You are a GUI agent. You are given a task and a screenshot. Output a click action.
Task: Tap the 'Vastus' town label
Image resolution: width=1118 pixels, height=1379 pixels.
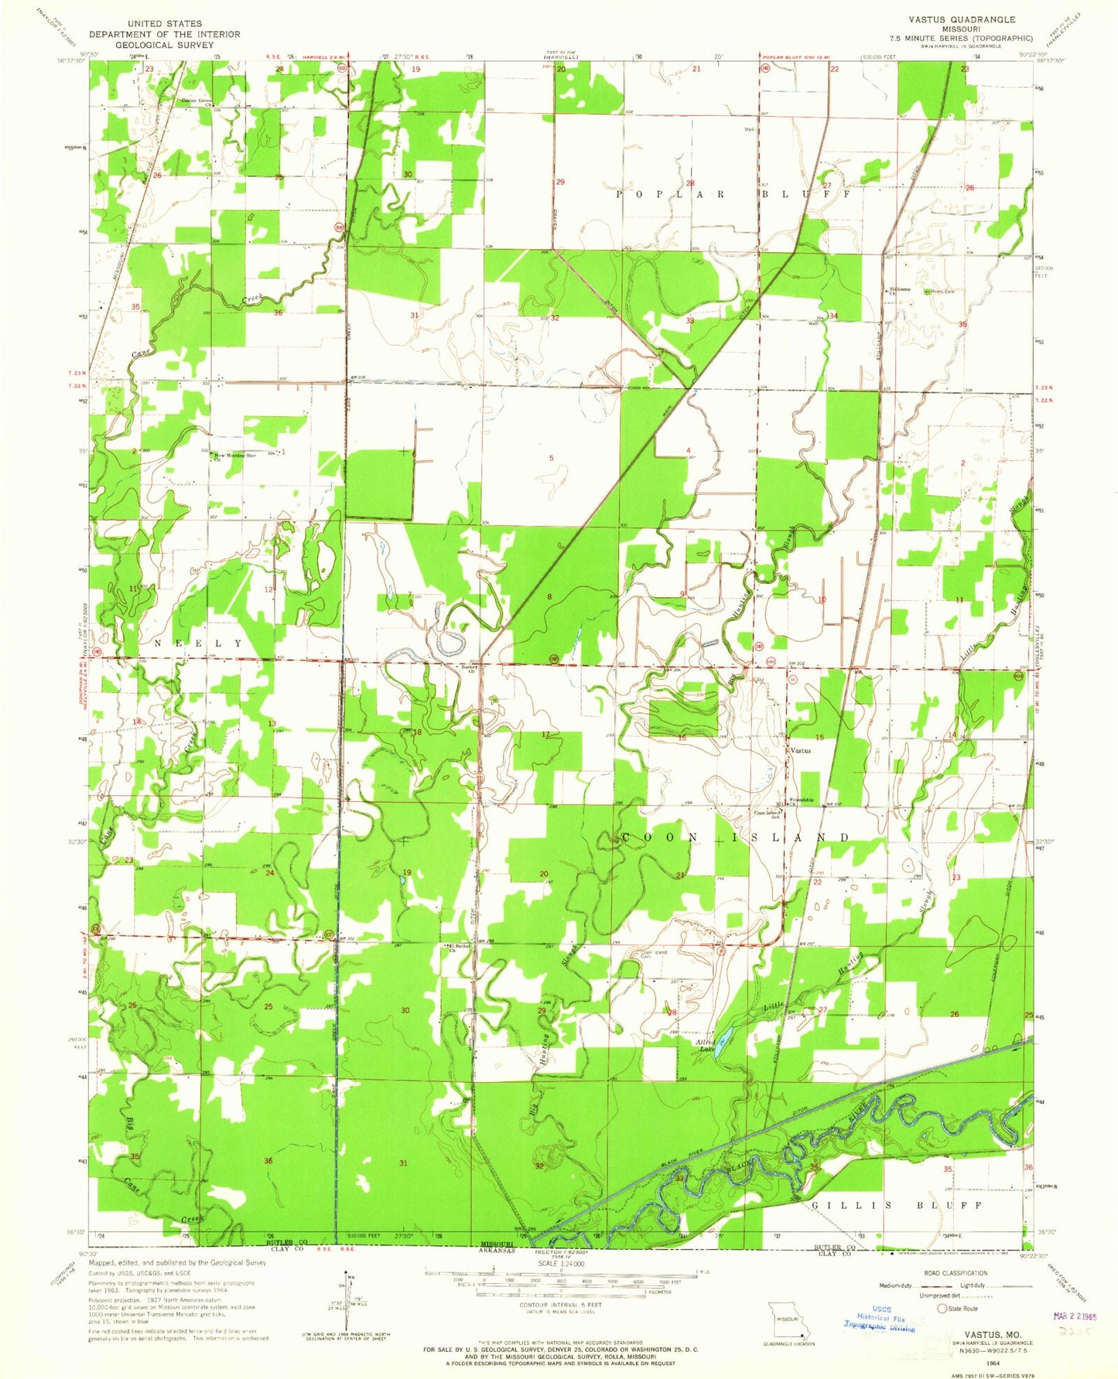(x=799, y=750)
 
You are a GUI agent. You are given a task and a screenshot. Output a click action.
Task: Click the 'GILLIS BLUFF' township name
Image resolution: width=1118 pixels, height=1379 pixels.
(x=897, y=1206)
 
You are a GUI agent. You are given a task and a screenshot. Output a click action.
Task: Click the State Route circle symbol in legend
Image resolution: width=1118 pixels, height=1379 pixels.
(x=942, y=1309)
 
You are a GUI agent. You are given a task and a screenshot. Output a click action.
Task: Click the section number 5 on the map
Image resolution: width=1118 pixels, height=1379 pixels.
(x=551, y=458)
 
